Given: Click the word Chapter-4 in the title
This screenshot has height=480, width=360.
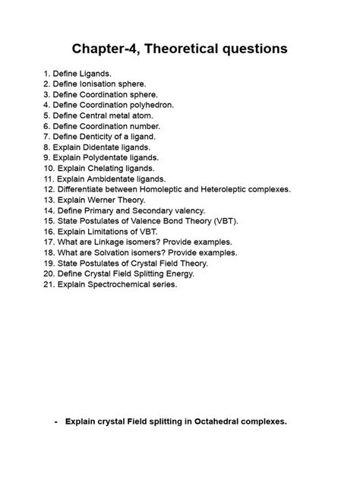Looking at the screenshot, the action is (x=107, y=49).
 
